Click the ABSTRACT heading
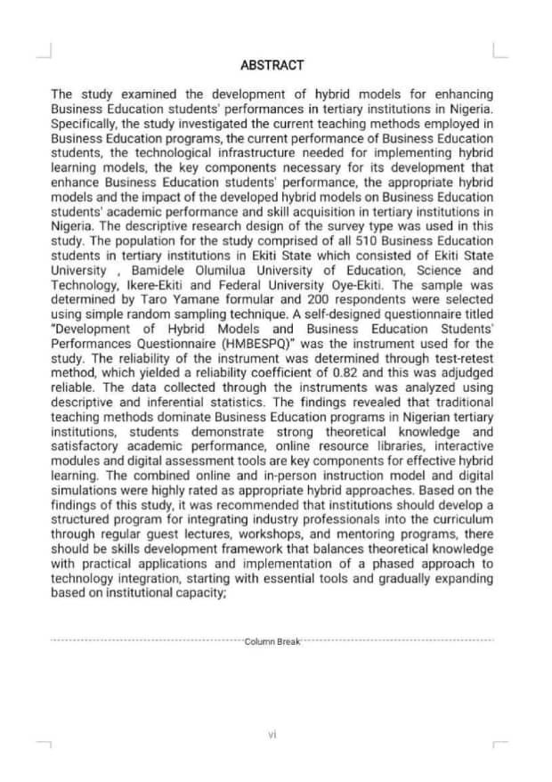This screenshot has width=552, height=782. [272, 65]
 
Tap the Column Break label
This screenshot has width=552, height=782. [272, 640]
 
